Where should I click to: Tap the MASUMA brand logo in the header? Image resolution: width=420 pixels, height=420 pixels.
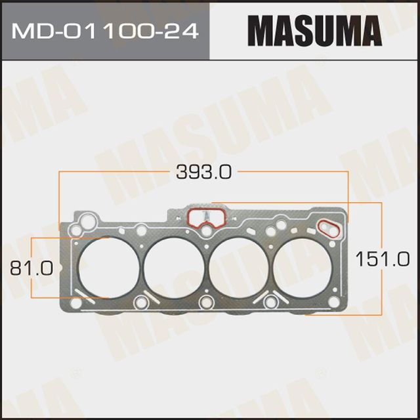coord(314,31)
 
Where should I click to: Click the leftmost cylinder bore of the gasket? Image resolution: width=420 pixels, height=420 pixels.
coord(109,266)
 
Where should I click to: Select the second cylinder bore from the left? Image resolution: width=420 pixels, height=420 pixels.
coord(174,266)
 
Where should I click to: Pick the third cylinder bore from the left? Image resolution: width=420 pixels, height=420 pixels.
coord(239,266)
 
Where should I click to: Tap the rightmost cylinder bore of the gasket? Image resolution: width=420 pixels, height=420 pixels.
coord(303,266)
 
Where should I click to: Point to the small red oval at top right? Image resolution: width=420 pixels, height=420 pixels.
coord(328,228)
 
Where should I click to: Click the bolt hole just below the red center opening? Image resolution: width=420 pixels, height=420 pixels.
coord(207,231)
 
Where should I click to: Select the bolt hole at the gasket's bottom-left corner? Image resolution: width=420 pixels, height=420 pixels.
coord(77,303)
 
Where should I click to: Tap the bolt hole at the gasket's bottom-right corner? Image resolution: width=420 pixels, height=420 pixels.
coord(334,301)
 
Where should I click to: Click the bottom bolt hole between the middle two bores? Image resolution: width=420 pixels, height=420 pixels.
coord(207,303)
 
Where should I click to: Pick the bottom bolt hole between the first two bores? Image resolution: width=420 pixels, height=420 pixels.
coord(142,303)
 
